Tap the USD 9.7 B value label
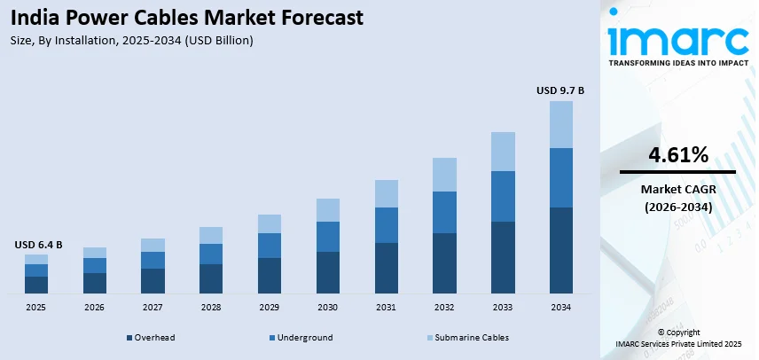560,90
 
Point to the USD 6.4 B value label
37,245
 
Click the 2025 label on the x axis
36,307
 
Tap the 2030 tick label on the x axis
328,307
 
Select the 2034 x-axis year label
560,307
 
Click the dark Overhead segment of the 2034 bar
560,250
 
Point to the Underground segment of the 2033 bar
503,196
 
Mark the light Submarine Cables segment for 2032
444,175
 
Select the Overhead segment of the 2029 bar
270,276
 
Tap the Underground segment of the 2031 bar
386,225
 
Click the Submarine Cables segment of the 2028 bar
211,235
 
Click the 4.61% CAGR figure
678,155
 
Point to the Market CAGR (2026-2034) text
678,198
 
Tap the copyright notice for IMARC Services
678,338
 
